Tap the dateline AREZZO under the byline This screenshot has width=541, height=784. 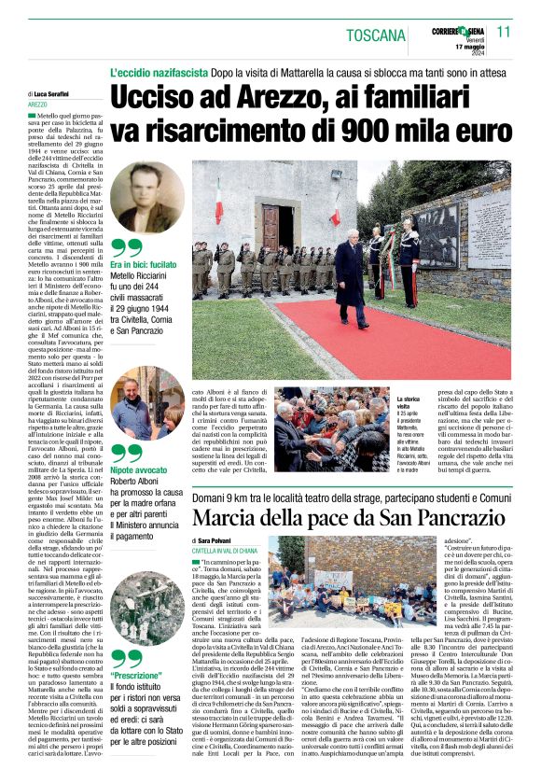tap(39, 105)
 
